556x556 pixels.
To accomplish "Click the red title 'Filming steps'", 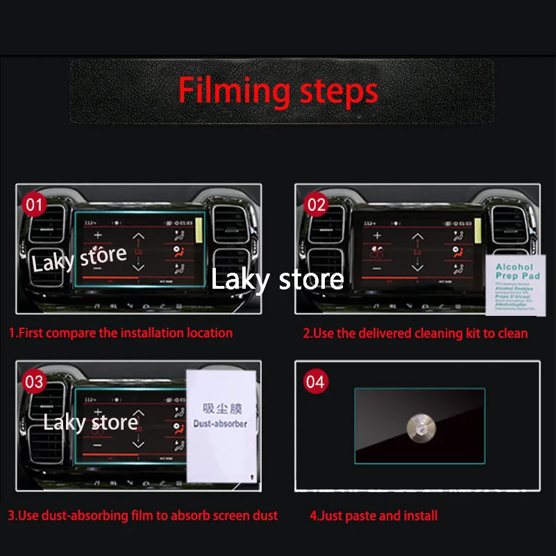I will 278,91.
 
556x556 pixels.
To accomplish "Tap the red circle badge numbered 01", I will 35,205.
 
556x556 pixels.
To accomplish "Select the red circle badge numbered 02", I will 317,205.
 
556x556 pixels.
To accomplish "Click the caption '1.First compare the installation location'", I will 121,333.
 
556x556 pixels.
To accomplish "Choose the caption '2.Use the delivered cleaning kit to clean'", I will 415,333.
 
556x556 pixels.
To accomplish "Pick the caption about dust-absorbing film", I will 143,515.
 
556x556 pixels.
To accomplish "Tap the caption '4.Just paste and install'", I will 373,515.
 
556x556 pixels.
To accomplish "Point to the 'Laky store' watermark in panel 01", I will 79,259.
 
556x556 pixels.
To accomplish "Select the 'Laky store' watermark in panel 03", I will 91,422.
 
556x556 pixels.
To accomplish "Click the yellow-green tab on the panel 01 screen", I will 199,228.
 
